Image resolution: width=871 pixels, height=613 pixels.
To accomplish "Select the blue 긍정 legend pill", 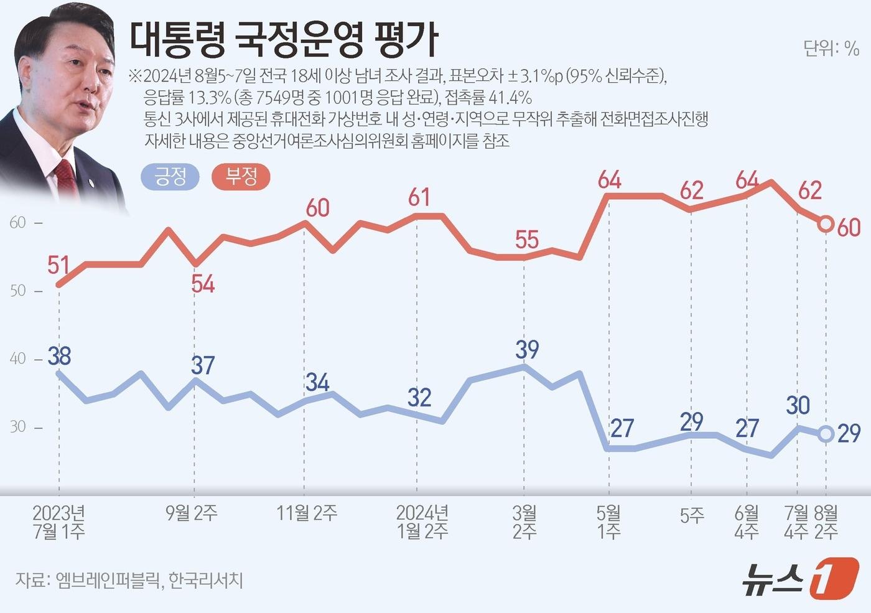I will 170,177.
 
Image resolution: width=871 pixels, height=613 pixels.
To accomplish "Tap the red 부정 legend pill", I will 241,177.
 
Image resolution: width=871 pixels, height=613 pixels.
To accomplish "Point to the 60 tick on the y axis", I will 18,223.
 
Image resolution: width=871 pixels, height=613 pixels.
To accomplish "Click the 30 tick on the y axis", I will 18,427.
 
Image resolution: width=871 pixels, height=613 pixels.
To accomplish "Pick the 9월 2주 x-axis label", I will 192,513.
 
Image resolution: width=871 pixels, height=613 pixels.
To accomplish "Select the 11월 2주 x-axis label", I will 307,513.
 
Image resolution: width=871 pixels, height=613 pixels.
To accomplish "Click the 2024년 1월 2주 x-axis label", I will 422,522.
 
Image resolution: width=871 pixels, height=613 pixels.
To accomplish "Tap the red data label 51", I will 58,265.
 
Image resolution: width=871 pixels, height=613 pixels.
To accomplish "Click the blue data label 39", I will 527,349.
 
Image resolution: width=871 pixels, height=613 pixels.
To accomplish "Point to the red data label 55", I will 527,240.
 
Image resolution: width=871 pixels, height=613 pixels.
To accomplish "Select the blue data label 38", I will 60,356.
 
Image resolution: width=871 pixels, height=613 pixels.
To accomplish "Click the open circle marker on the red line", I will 826,224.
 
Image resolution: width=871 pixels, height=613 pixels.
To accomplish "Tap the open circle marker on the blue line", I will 826,434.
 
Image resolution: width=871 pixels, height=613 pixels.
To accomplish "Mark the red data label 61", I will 419,197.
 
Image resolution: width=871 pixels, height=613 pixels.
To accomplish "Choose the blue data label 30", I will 798,405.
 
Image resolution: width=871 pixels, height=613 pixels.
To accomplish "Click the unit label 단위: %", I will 831,48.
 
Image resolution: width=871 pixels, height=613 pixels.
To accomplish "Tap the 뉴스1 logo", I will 799,578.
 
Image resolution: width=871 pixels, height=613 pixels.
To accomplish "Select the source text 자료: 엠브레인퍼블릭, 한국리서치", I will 129,580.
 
